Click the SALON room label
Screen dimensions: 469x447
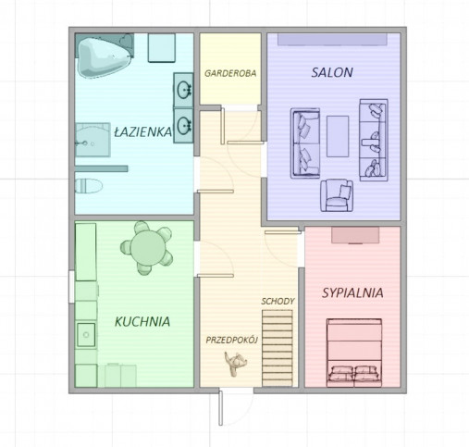pos(332,72)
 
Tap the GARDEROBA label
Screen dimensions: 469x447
pos(230,73)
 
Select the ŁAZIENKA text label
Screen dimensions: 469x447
pos(142,131)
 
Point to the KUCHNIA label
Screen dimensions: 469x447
pos(142,321)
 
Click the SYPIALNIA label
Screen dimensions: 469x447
pos(352,292)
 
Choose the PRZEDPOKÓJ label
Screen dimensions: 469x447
pos(231,340)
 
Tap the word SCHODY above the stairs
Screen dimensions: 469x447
pos(278,301)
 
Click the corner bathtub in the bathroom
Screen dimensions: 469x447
pos(105,56)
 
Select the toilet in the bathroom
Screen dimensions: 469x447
pos(89,186)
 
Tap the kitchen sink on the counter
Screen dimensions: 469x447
pos(86,335)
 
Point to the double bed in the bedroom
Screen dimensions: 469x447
pos(354,353)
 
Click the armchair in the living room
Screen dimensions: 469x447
pos(337,195)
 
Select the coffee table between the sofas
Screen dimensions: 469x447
pos(338,136)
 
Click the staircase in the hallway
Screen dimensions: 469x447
pos(278,348)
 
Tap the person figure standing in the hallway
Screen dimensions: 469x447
pos(235,363)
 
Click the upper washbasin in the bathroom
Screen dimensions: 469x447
pos(183,90)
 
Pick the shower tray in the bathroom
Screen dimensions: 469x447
pos(93,140)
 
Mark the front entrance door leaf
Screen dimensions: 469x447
pos(221,408)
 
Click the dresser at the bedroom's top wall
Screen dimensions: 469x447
pos(355,235)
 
